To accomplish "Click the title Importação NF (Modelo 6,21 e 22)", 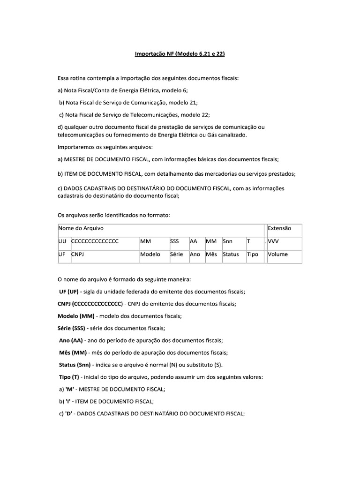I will pos(180,54).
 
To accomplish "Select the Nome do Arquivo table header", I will pos(81,228).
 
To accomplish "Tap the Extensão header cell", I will pos(279,228).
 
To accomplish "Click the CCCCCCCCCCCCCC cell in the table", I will pos(95,241).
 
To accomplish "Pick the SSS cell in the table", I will pos(174,241).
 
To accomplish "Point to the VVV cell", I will pos(274,241).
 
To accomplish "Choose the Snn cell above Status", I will pos(228,241).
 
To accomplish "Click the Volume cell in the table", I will pos(277,254).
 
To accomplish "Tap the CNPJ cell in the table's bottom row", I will pos(77,254).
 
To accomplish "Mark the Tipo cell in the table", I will pos(252,254).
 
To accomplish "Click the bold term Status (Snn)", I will pos(78,365).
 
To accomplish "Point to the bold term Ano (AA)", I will pos(71,340).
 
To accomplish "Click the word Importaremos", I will pos(76,147).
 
